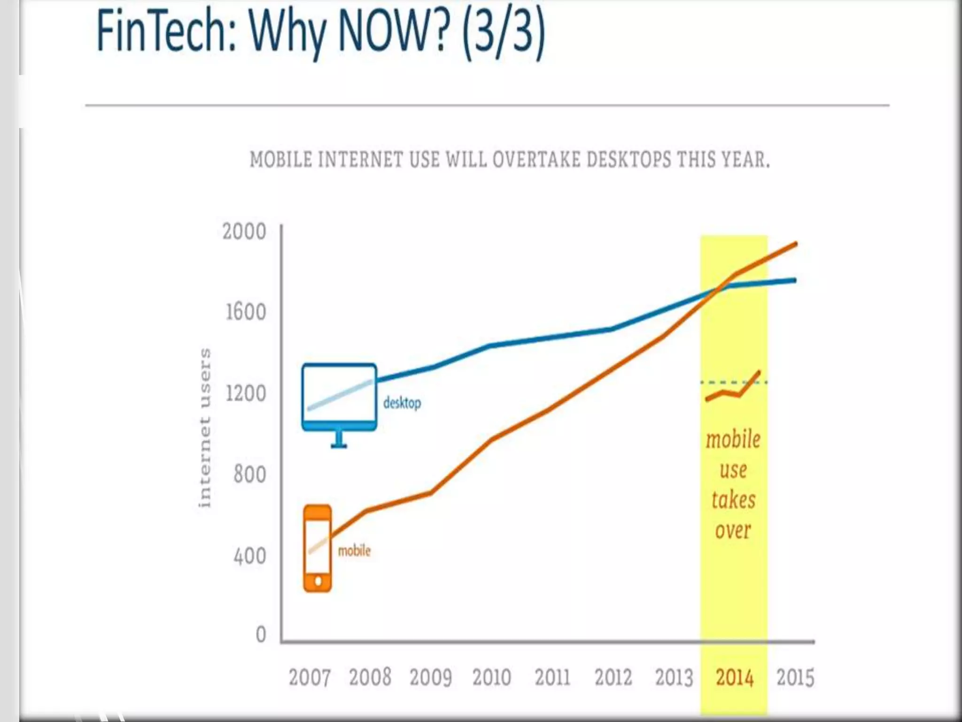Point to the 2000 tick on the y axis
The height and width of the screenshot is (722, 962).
[x=244, y=232]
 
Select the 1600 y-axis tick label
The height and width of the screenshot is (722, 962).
[x=246, y=312]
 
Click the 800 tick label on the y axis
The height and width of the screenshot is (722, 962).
[x=249, y=474]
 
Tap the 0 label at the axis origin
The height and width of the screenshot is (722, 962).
[x=261, y=635]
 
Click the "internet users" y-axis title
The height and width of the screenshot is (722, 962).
[x=205, y=428]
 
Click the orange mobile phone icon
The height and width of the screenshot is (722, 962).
[x=318, y=548]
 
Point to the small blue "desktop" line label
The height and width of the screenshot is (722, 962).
[x=402, y=403]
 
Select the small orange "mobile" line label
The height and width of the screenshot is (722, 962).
[x=354, y=550]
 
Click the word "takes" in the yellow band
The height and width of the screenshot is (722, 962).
[x=733, y=500]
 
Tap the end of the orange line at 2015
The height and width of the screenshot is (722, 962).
[x=796, y=243]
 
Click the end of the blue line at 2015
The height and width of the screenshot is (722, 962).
[x=794, y=280]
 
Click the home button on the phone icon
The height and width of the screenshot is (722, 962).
[x=318, y=581]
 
